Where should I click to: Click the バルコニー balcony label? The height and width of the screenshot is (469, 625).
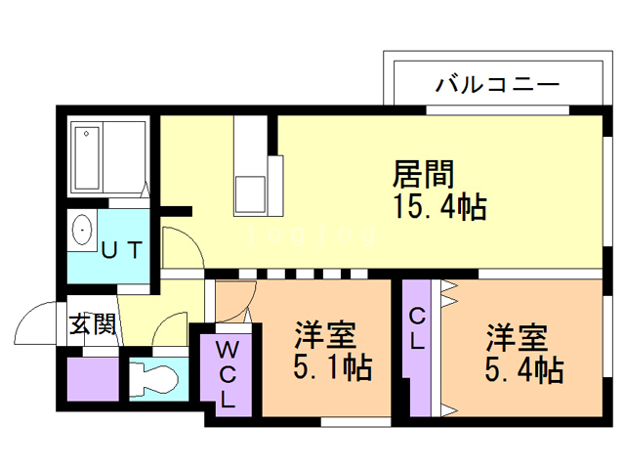coord(497,85)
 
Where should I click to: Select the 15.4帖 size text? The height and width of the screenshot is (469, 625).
coord(439,207)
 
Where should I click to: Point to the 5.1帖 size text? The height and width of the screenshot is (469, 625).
coord(333,368)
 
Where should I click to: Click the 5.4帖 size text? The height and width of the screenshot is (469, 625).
coord(524,368)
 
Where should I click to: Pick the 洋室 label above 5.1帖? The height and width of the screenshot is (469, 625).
coord(325,336)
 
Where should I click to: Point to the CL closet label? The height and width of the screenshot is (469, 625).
coord(417,329)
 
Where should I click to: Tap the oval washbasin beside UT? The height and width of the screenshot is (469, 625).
coord(82,233)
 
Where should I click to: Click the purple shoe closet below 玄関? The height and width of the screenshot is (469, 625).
coord(91,376)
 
